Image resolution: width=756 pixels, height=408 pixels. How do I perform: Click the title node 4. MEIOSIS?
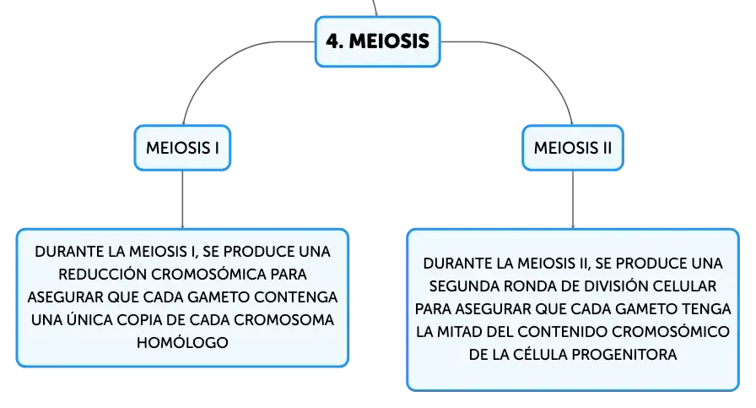[377, 41]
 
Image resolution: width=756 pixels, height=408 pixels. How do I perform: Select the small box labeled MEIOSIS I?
[182, 148]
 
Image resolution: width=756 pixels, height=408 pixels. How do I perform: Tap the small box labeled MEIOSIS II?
[573, 148]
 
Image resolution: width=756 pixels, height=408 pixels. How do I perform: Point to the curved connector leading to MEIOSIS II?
[535, 60]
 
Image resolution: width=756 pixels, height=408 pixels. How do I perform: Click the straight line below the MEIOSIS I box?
[182, 199]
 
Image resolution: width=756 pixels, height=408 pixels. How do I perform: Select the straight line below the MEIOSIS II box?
[573, 199]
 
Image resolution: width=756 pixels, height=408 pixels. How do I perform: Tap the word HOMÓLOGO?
[182, 343]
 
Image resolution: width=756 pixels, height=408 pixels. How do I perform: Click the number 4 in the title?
[332, 41]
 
